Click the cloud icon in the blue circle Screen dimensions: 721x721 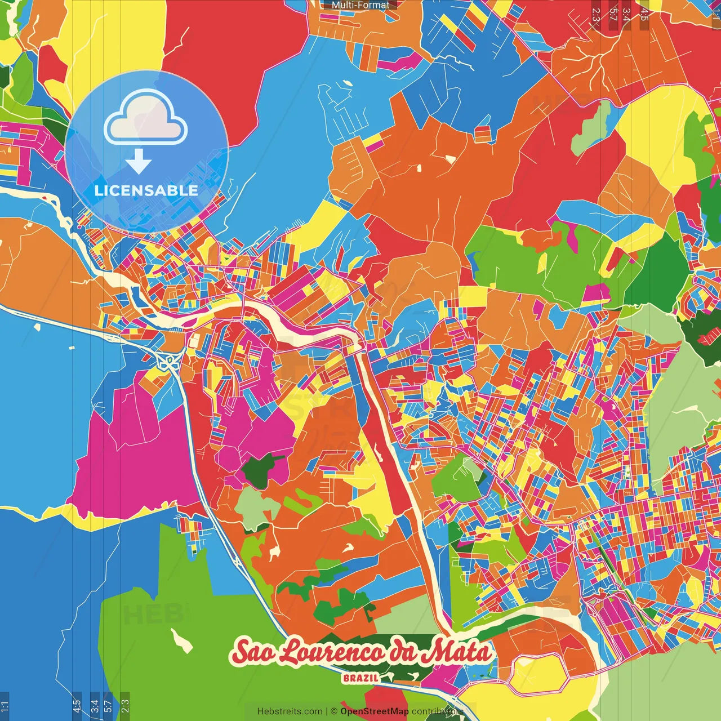click(x=146, y=117)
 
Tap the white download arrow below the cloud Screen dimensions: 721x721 click(x=139, y=161)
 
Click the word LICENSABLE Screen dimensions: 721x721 click(x=146, y=190)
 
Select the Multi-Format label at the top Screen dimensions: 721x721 click(x=360, y=5)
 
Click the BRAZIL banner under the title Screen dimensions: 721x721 click(x=360, y=678)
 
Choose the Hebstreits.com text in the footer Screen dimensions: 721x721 click(x=290, y=711)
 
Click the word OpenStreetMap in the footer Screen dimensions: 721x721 click(x=375, y=711)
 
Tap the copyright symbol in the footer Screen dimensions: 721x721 click(x=333, y=711)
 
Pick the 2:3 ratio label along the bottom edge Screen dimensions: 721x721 click(x=125, y=705)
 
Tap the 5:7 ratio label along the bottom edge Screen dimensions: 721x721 click(x=108, y=705)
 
